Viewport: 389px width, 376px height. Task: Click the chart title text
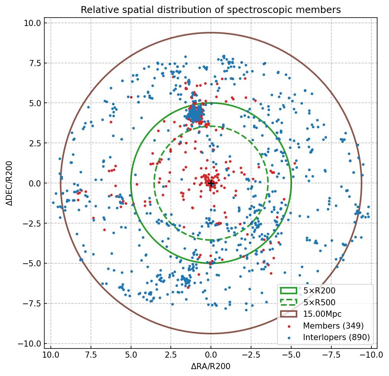click(211, 10)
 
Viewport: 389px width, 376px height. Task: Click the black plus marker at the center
click(211, 183)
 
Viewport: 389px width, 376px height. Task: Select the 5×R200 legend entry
click(319, 291)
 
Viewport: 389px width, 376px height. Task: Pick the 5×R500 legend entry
click(319, 303)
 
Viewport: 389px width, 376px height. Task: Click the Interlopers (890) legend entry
click(336, 337)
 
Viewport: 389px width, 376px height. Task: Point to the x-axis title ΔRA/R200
click(211, 366)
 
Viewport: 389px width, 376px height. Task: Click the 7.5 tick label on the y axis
click(34, 63)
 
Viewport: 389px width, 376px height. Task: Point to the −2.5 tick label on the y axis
click(31, 223)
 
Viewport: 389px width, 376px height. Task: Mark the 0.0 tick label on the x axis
click(211, 355)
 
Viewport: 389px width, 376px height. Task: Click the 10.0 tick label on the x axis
click(51, 355)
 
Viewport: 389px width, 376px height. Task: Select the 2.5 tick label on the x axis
click(171, 355)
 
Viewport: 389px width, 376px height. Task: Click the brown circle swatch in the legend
click(289, 314)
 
